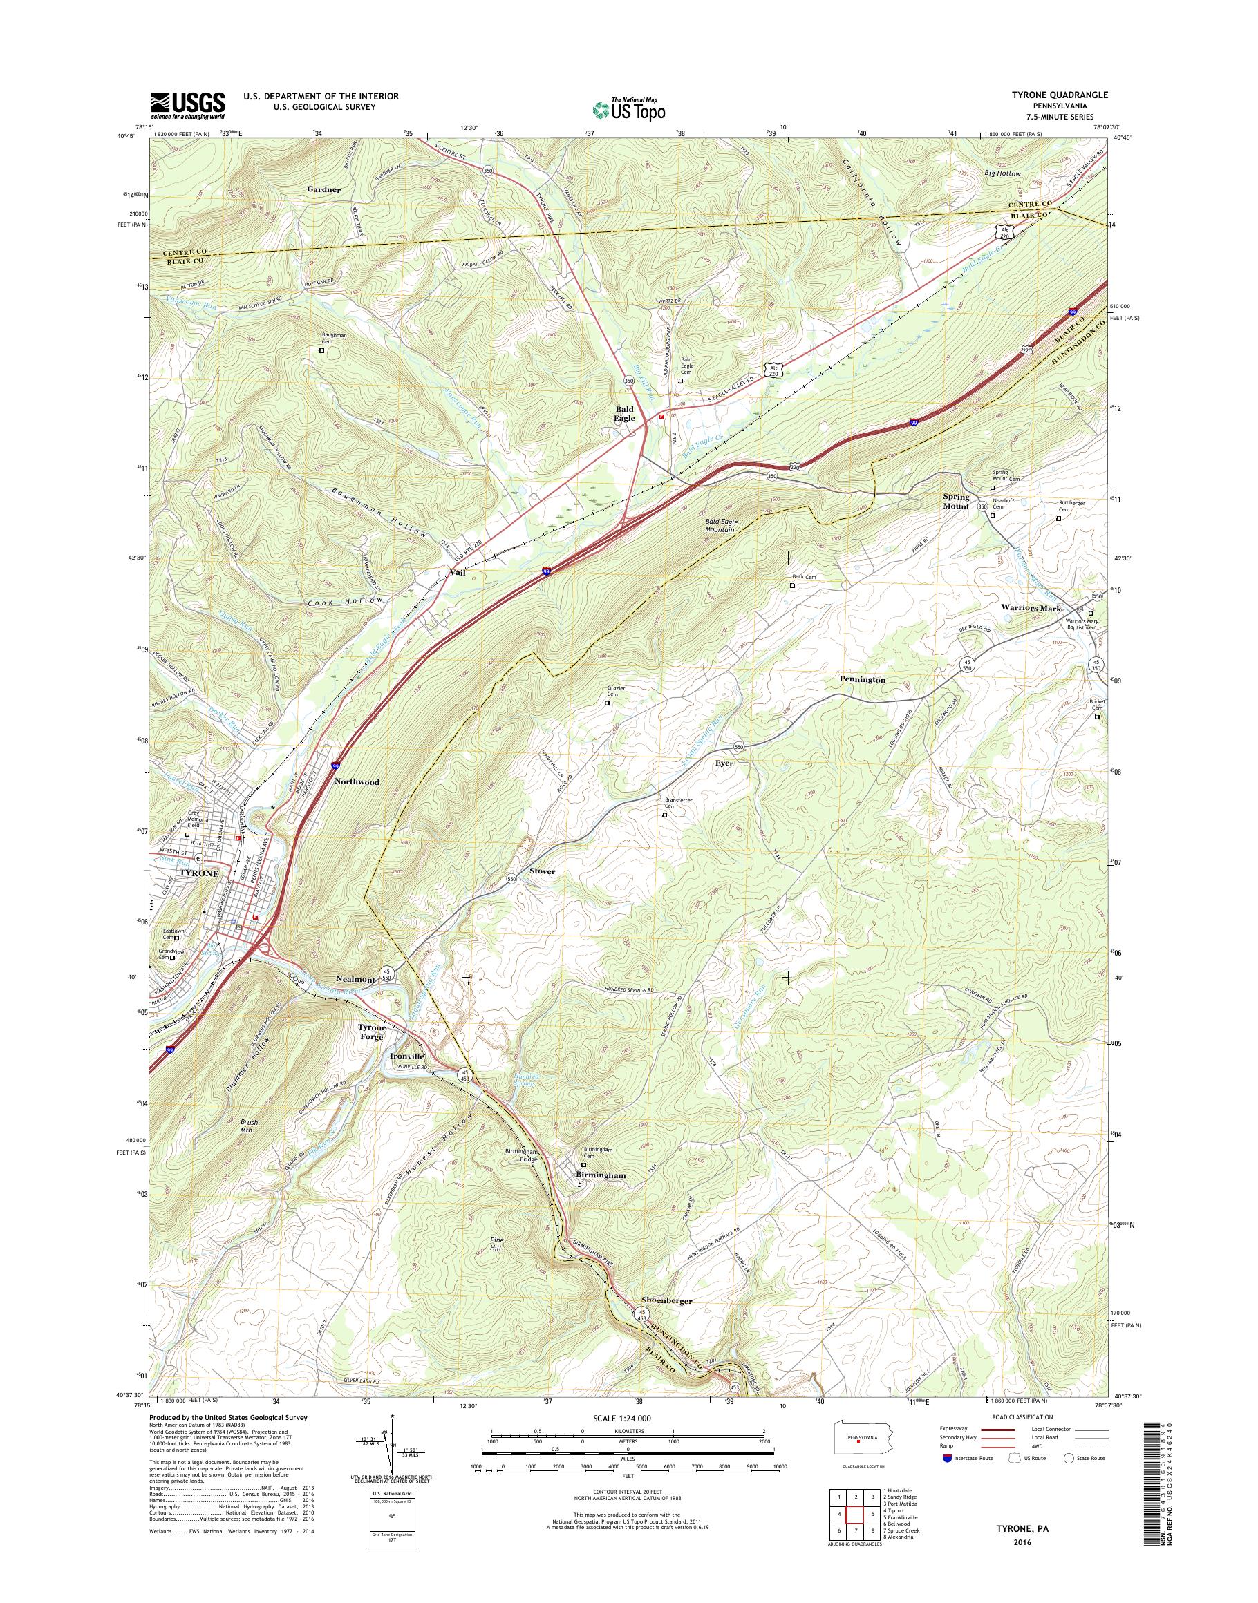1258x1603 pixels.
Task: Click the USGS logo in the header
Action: coord(188,105)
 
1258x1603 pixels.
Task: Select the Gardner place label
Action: coord(324,189)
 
